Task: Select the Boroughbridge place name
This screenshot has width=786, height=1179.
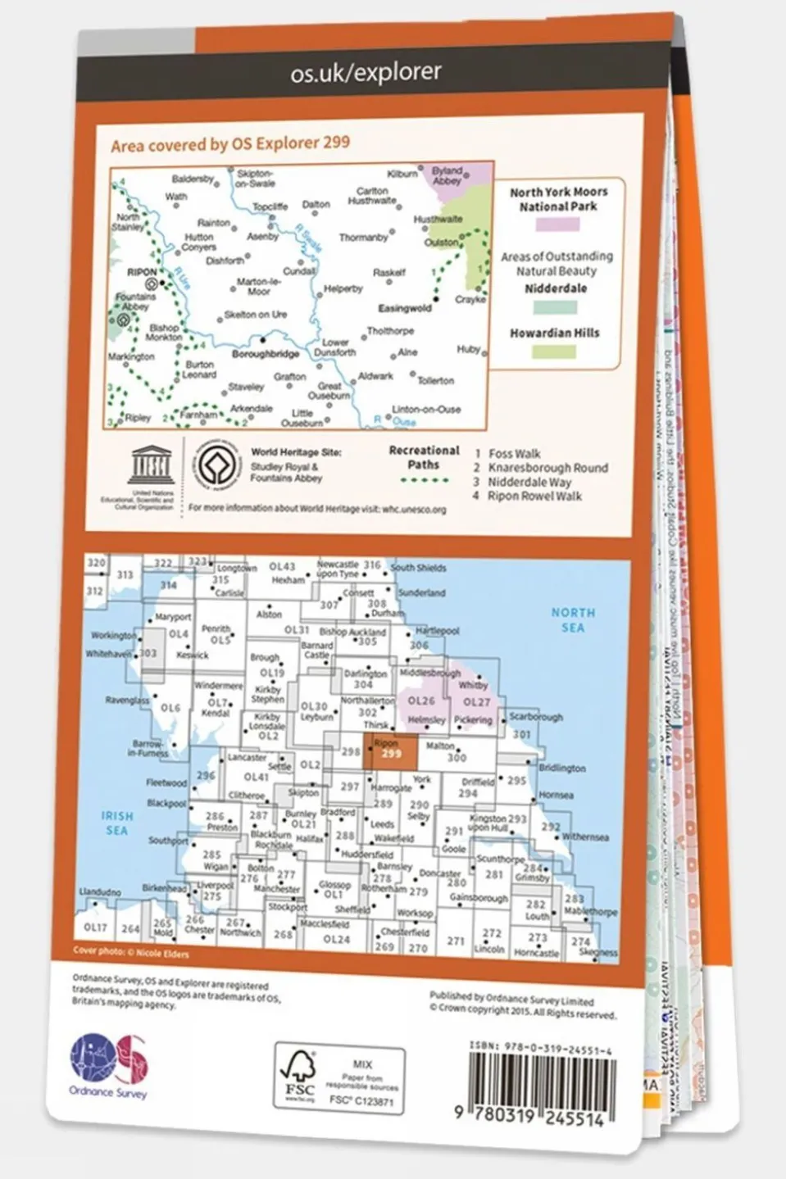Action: coord(265,355)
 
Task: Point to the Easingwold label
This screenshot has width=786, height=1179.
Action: coord(404,309)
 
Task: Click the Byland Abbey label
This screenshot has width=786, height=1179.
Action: coord(448,176)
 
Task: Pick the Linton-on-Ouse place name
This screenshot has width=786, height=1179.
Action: coord(426,409)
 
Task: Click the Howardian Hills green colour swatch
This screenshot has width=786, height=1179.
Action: coord(554,351)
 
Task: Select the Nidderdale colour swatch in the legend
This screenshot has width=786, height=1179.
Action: coord(555,308)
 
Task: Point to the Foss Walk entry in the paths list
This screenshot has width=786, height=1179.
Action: coord(514,453)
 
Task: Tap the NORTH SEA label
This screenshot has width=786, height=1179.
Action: coord(572,619)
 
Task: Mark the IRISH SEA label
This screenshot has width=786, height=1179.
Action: coord(116,823)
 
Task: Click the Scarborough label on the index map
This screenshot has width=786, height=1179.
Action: coord(536,717)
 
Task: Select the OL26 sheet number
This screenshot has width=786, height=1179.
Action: coord(421,701)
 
